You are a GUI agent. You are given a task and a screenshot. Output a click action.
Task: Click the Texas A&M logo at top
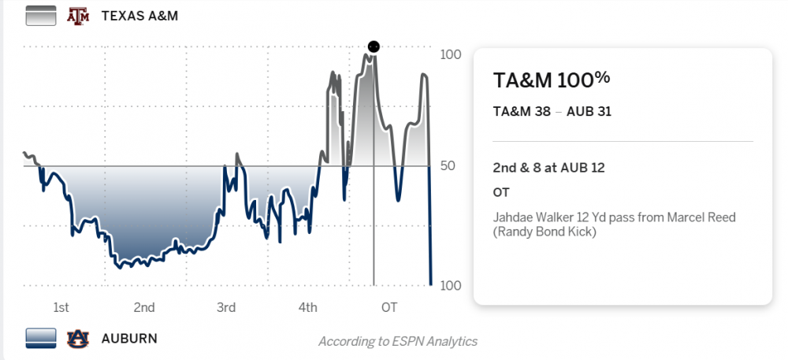coord(77,16)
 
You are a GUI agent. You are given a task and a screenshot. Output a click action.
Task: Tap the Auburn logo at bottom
coord(77,338)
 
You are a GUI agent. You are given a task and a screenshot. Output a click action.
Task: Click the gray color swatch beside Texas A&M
coord(41,16)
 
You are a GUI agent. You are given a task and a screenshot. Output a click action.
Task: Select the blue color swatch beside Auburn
coord(41,338)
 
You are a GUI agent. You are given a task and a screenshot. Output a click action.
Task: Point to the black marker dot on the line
coord(374,46)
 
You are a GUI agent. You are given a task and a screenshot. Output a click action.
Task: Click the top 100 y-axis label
coord(451,55)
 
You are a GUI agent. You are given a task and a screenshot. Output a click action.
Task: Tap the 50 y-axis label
coord(447,166)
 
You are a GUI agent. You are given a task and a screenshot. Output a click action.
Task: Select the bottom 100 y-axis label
coord(451,285)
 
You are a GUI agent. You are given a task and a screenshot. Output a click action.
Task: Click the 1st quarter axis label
coord(61,307)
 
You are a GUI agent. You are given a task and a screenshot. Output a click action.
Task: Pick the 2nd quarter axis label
coord(143,307)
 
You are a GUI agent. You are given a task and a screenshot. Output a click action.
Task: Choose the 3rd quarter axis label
coord(226,307)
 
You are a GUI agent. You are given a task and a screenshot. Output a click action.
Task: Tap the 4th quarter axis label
coord(308,307)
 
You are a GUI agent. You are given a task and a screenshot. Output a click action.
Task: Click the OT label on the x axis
coord(388,307)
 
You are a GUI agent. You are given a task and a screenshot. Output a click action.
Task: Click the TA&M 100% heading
coord(551,80)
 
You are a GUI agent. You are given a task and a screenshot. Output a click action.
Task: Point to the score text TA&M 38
coord(522,111)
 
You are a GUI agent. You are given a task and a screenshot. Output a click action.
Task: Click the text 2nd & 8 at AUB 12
coord(548,167)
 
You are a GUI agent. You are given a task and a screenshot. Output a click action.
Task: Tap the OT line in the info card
coord(501,192)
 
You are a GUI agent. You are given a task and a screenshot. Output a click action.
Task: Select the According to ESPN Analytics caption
coord(398,341)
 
